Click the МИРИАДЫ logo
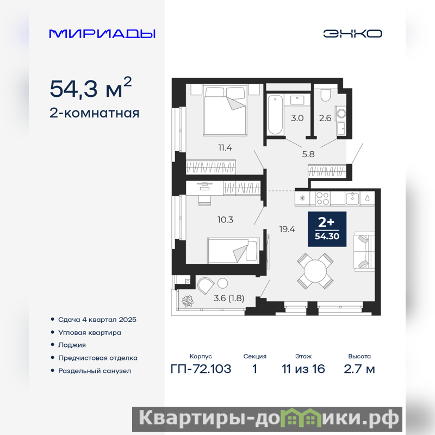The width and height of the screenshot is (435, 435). click(102, 34)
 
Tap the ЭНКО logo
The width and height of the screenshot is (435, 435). click(352, 34)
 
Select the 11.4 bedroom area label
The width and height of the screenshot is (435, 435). click(225, 147)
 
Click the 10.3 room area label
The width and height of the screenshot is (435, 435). click(225, 220)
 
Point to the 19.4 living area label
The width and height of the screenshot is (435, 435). click(287, 229)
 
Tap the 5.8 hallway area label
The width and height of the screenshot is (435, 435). click(308, 154)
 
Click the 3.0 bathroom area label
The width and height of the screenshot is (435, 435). click(297, 118)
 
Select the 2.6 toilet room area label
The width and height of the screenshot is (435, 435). click(325, 118)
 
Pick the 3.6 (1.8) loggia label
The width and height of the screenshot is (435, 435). click(229, 298)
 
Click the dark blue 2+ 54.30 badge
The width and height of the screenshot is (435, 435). click(327, 229)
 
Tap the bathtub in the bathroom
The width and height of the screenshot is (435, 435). click(275, 115)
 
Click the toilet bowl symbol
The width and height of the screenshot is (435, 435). click(325, 95)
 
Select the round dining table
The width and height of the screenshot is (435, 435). click(315, 271)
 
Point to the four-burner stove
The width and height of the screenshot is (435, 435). click(322, 198)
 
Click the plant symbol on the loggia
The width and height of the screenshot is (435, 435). click(188, 301)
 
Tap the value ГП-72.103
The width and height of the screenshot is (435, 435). click(201, 369)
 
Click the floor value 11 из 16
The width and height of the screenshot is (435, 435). click(303, 369)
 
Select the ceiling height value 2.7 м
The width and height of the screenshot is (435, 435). click(359, 369)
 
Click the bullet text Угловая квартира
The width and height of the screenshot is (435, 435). click(90, 332)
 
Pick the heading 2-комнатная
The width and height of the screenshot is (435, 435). click(94, 113)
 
